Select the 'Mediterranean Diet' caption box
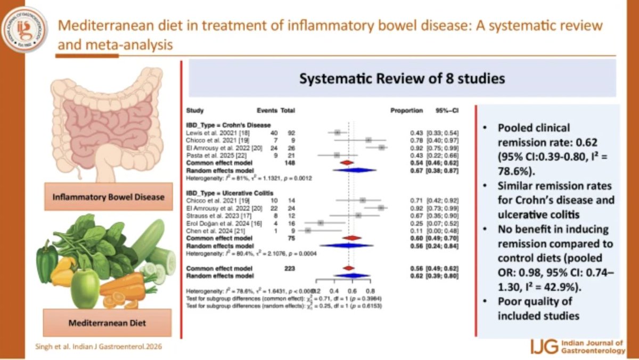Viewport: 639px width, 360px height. (x=108, y=323)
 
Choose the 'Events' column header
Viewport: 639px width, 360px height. (x=267, y=111)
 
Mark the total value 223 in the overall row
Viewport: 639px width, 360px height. (x=288, y=268)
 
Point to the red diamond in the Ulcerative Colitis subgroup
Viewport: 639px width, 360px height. (x=351, y=238)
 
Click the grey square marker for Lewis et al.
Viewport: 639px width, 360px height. (x=338, y=132)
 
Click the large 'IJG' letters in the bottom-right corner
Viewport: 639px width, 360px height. (x=544, y=347)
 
